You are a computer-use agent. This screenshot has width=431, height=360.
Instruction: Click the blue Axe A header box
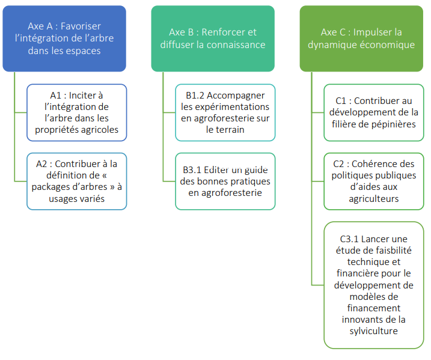64,38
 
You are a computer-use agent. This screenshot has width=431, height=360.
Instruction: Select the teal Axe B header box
213,38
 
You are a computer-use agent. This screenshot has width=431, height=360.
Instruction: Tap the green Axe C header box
362,38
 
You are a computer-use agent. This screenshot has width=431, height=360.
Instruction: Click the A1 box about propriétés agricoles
76,112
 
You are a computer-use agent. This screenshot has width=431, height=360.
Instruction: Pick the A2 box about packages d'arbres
76,181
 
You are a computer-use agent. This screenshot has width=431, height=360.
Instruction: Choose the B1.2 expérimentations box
225,112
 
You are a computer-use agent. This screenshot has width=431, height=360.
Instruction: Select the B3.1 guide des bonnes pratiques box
225,181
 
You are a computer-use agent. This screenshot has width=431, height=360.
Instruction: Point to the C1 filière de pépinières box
374,112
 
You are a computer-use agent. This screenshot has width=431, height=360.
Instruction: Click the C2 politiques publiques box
374,181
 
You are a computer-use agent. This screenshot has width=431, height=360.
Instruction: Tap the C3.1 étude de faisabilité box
374,285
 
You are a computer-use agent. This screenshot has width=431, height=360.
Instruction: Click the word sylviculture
374,331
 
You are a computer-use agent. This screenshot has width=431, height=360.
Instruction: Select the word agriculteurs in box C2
374,198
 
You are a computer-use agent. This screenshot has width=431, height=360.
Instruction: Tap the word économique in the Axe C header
387,44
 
